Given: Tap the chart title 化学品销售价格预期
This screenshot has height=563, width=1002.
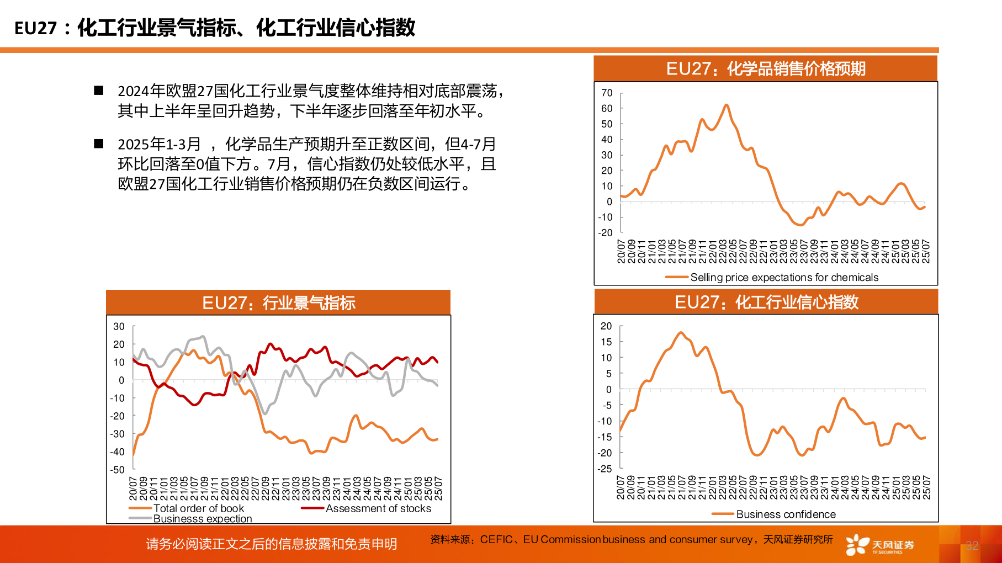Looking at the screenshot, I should point(766,69).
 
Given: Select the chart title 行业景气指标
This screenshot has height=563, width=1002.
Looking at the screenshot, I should point(278,303).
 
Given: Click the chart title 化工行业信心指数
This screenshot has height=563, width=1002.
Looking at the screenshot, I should point(766,302).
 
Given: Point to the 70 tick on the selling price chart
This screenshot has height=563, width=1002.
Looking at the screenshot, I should point(607,93).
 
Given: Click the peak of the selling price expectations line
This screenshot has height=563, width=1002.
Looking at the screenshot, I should point(726,105).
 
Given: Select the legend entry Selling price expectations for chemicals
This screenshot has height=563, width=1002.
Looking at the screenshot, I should point(784,277).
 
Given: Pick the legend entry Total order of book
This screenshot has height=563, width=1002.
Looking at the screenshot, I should point(198,508).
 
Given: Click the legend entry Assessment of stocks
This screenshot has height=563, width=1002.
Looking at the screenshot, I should point(378,508).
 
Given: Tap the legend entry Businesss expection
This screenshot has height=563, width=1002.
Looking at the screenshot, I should point(202,518).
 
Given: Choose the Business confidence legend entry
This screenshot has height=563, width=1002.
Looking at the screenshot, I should point(786,514).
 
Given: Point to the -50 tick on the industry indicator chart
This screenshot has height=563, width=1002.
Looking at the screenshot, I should point(117,470).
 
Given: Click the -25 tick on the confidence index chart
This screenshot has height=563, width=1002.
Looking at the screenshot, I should point(605,469).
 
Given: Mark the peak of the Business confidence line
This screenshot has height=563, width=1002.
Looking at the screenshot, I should point(680,332).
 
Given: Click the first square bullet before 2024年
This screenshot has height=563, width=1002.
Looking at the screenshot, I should point(99,91).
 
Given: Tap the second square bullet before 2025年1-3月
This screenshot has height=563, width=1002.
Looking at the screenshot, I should point(99,144).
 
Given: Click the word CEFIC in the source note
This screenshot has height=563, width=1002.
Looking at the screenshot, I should point(496,539).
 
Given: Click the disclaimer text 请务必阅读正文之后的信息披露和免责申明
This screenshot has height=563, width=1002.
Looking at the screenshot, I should point(272,544).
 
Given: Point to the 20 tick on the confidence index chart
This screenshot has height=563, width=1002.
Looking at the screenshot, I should point(606,326).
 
